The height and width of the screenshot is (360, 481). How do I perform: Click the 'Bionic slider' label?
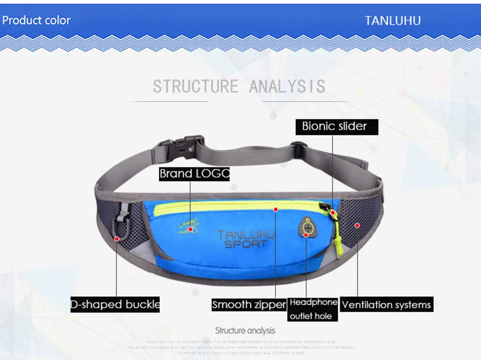point(334,126)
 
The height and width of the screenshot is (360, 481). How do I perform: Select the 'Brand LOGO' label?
point(194,174)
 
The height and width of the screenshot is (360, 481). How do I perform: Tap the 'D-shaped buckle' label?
point(115,304)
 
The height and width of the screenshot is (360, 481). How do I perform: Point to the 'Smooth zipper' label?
point(249,304)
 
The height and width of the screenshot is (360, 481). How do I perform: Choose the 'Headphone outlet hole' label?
point(313,309)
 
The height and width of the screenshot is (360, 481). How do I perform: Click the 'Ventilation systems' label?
point(386,304)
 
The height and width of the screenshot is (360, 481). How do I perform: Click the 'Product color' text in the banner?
point(37,21)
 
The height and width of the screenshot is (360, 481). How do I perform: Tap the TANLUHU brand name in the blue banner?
point(392,21)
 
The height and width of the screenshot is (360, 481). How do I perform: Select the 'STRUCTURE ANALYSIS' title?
point(239,86)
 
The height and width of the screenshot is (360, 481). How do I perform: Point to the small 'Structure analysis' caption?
point(245,330)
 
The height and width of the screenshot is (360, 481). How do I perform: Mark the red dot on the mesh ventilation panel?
point(357,225)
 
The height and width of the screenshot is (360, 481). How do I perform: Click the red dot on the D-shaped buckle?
point(117,239)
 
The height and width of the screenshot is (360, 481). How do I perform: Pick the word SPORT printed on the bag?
point(246,244)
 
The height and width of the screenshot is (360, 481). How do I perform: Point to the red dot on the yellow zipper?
point(275,209)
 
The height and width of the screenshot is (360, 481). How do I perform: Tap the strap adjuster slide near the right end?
point(297,148)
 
